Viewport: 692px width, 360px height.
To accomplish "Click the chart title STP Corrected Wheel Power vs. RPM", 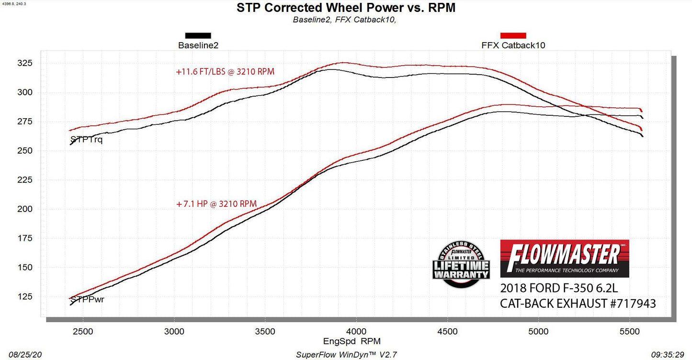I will click(346, 8).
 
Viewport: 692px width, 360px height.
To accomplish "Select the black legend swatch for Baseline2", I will click(198, 35).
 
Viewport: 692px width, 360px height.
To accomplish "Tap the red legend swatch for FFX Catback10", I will click(513, 35).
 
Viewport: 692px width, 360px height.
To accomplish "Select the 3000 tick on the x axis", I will click(174, 331).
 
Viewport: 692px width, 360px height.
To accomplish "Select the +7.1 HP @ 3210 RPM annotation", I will click(216, 204).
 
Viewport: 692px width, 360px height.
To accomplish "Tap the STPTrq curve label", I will click(86, 140).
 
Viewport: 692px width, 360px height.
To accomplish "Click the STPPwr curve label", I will click(87, 300).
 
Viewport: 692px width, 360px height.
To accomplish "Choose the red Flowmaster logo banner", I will click(564, 259).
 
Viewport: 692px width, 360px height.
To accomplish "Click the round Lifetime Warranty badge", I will click(461, 264).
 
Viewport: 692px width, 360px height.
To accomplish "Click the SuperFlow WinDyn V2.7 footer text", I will click(346, 355).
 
